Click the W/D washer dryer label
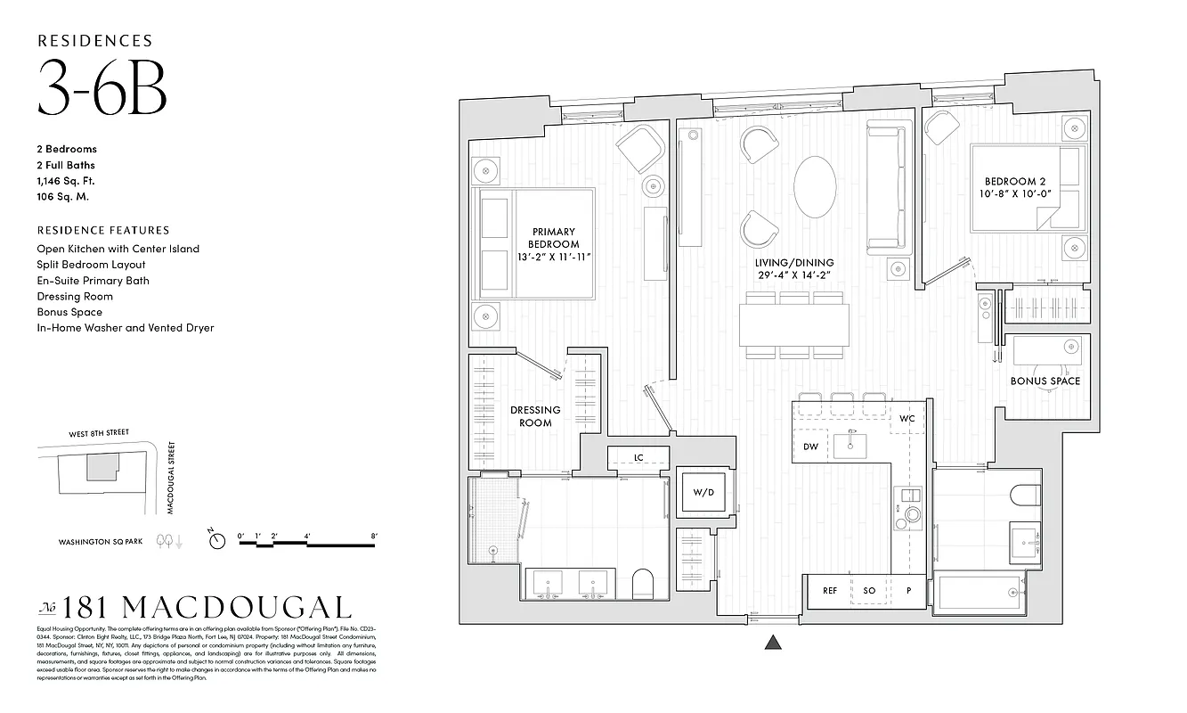pos(703,492)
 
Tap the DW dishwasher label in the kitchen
pos(810,447)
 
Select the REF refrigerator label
pos(830,591)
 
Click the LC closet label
pos(638,458)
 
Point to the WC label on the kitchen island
pos(907,418)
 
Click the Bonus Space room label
pos(1045,381)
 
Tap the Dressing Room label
pos(535,416)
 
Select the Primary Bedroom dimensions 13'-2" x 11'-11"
pos(553,257)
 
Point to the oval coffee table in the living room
pos(815,186)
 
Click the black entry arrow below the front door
pos(774,642)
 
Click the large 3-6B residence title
pos(102,89)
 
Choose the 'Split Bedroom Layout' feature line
pos(91,265)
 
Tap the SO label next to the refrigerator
pos(870,591)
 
